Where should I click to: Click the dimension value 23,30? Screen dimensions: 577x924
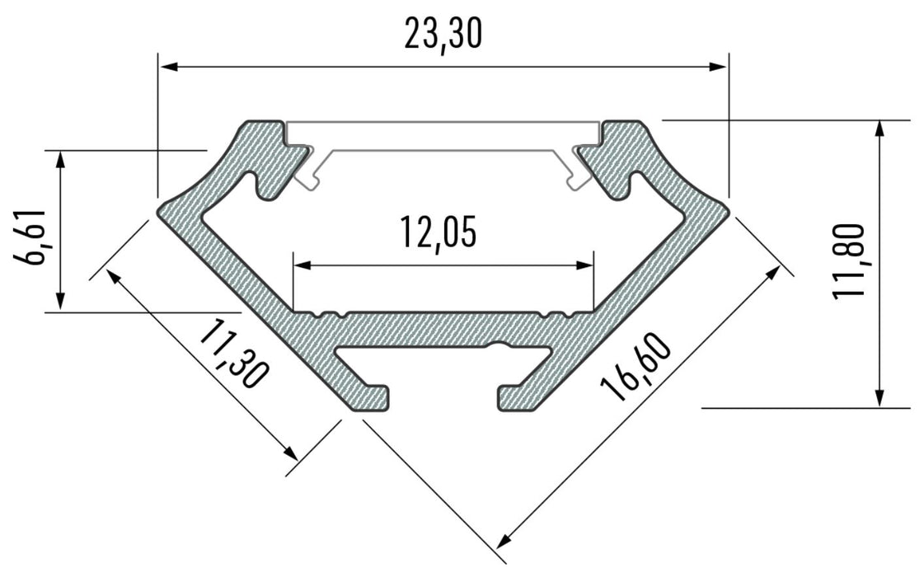[443, 35]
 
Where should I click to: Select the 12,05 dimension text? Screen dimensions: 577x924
[439, 232]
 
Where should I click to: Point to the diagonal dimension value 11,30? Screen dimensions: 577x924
[233, 354]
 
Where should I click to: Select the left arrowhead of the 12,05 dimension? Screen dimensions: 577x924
[301, 265]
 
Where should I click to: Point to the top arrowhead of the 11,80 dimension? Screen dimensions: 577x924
[880, 128]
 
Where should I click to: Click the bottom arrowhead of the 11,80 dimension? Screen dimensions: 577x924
[880, 400]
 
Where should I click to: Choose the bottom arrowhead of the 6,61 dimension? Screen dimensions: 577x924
[60, 304]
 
